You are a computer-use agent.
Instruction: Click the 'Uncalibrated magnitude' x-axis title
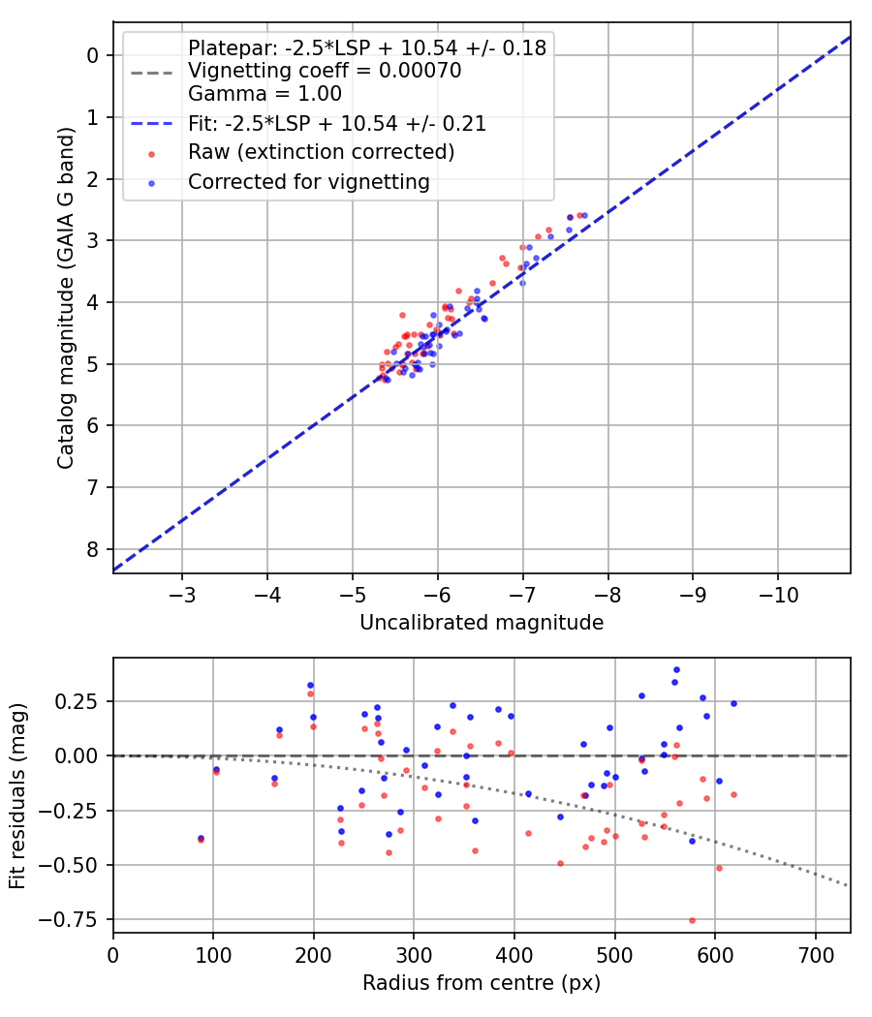click(482, 623)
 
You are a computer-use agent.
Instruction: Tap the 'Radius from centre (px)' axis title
click(482, 983)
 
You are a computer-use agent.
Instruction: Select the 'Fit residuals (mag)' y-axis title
click(18, 795)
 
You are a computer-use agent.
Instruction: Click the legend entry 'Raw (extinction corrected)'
click(322, 152)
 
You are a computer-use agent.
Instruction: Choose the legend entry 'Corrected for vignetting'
click(308, 181)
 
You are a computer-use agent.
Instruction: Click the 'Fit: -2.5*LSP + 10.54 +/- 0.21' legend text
click(337, 124)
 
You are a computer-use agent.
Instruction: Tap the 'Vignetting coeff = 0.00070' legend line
click(325, 71)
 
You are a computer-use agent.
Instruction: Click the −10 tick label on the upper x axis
click(777, 592)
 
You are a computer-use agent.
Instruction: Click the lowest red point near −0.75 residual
click(692, 920)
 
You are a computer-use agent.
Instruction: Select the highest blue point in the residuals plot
click(676, 669)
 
